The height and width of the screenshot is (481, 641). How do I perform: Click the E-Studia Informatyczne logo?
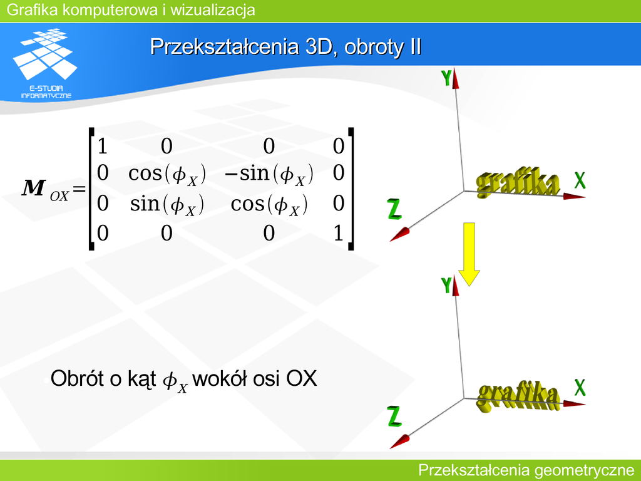45,63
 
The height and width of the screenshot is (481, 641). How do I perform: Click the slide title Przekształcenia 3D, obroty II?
285,46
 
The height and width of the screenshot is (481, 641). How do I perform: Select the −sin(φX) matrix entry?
269,174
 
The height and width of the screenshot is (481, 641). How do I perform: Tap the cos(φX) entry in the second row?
167,174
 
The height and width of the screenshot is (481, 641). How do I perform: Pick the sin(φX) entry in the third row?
167,204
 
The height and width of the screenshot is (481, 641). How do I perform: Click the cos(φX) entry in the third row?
269,204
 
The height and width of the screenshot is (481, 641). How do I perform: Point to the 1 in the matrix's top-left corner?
102,146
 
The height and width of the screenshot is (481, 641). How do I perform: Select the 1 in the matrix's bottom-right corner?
338,233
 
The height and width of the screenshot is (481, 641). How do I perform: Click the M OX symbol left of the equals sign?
45,190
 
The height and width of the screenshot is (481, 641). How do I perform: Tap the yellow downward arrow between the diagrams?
469,254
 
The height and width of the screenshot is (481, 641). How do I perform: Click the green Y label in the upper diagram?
446,78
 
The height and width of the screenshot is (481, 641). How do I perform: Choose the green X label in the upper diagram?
580,180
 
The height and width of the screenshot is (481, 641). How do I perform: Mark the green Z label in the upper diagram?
394,209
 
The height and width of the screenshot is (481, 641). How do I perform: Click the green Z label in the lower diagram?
394,416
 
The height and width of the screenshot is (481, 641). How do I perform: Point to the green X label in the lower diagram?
580,387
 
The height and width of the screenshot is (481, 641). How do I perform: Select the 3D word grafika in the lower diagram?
518,396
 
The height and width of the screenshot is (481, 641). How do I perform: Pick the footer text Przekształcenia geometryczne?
526,470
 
